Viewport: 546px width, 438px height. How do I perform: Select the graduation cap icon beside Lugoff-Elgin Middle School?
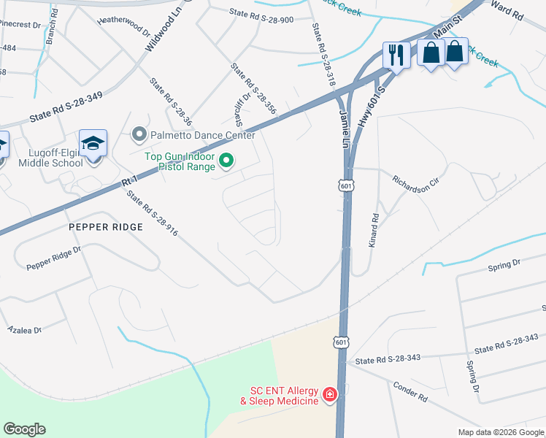pos(93,143)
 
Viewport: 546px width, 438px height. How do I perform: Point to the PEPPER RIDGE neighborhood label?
pos(105,227)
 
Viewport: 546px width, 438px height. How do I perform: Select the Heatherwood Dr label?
pos(123,28)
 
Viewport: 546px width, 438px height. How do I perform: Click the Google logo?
pos(24,429)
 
